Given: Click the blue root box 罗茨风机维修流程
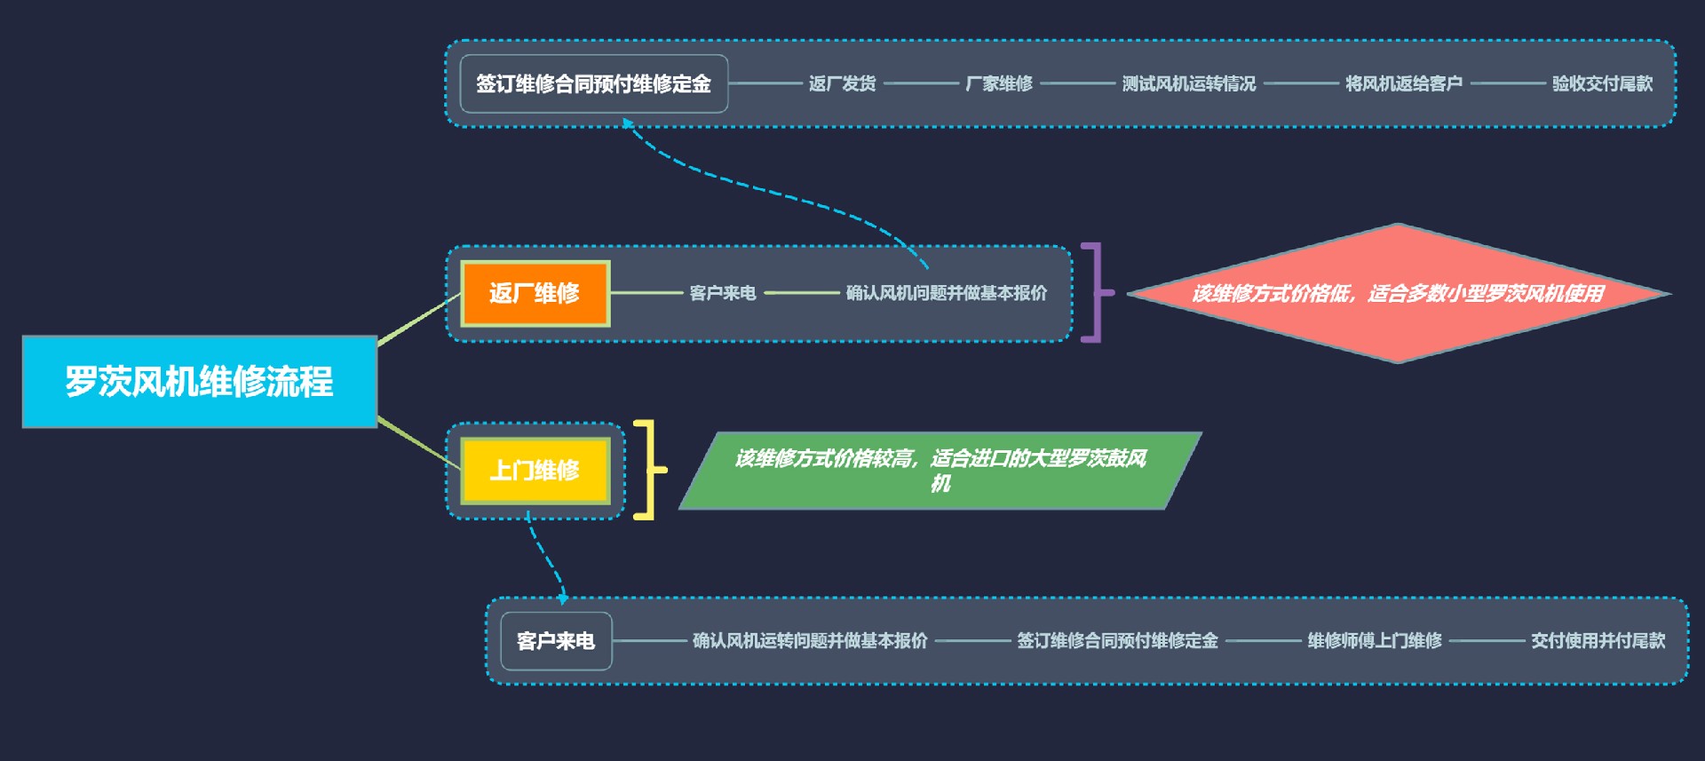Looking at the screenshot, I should [x=199, y=382].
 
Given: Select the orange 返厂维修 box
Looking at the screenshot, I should [x=535, y=293].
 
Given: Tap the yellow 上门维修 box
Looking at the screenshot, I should [x=535, y=470].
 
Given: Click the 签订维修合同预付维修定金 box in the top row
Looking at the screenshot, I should [x=593, y=84].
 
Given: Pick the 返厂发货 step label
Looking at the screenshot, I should [x=842, y=84].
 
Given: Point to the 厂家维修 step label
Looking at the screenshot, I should [x=999, y=84].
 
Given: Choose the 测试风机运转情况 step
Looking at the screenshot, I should [x=1188, y=84].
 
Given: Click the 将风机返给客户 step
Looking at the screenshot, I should [x=1403, y=84].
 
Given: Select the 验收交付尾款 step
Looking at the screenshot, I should [x=1602, y=84].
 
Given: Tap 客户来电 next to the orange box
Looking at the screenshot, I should [x=722, y=293].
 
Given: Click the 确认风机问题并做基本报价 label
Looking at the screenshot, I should [x=946, y=293].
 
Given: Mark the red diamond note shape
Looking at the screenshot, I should [x=1398, y=293].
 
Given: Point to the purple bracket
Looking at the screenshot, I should [x=1095, y=292].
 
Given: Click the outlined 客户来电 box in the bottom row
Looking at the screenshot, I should [x=556, y=641].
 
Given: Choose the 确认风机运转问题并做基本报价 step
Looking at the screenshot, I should [x=810, y=641].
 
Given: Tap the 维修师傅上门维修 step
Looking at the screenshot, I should [x=1374, y=641].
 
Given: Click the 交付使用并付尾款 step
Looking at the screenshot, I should [x=1598, y=641].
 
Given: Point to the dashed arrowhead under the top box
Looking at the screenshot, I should [x=628, y=124].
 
